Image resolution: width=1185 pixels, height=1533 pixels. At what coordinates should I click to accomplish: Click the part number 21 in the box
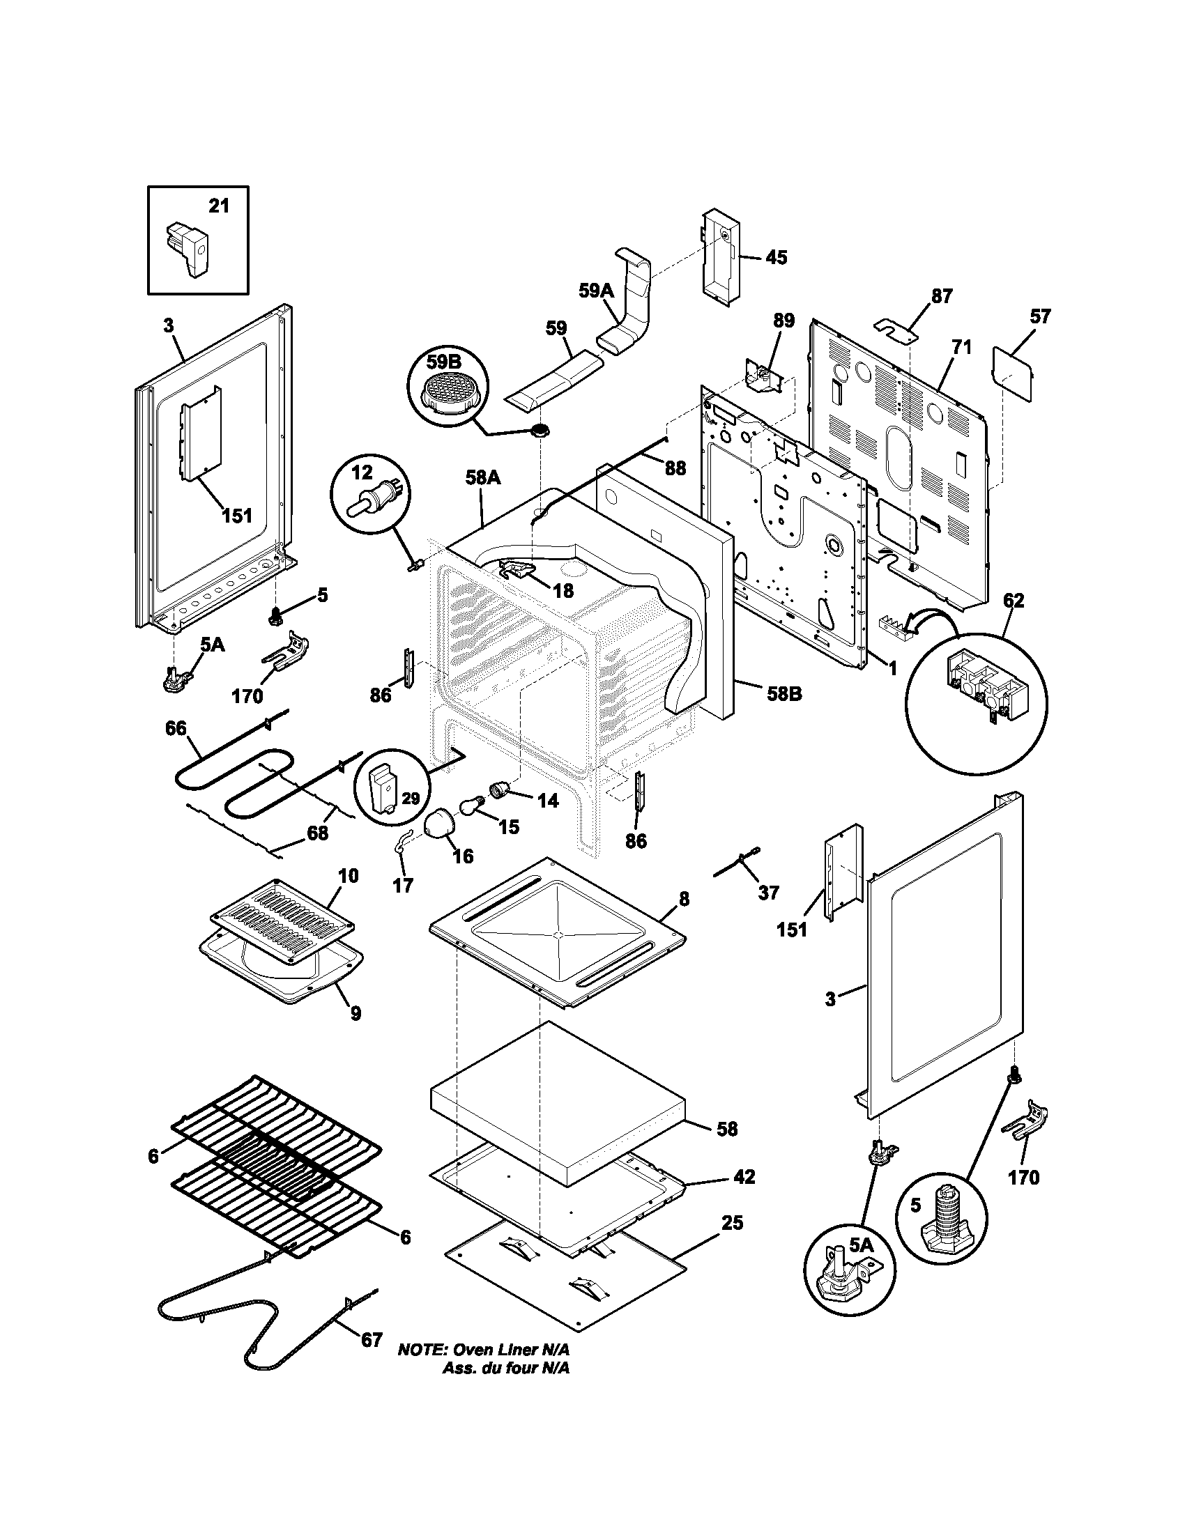pyautogui.click(x=219, y=206)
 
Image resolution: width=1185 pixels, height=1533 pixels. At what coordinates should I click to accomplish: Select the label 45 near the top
pyautogui.click(x=776, y=258)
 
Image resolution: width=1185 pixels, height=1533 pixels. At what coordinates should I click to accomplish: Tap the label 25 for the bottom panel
pyautogui.click(x=731, y=1223)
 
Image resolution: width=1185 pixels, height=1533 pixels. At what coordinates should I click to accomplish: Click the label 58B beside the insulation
pyautogui.click(x=783, y=693)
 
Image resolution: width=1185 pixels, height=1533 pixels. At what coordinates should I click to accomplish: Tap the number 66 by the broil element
pyautogui.click(x=176, y=728)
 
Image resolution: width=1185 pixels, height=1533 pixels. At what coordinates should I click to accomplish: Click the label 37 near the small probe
pyautogui.click(x=769, y=892)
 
